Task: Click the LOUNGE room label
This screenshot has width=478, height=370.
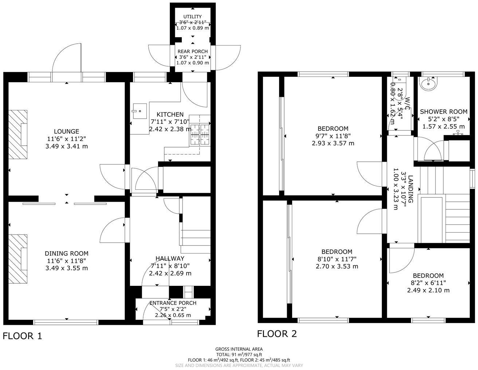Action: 66,131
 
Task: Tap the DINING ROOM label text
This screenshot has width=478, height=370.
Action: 66,253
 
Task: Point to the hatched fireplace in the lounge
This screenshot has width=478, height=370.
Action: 18,134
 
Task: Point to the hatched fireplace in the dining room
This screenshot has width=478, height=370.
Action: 18,259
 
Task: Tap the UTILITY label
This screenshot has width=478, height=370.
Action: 192,17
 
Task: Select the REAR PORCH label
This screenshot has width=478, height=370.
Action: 193,51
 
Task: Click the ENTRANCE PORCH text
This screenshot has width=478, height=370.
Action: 173,303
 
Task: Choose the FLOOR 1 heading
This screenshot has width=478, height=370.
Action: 23,336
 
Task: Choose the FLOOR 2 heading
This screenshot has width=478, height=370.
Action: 277,334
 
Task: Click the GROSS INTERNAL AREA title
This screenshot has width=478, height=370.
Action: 239,349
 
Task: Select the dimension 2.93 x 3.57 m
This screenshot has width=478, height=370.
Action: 333,143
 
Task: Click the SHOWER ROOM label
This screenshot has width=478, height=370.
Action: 443,111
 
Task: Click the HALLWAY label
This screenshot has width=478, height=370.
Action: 170,259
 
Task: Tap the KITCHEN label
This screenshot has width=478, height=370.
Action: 170,114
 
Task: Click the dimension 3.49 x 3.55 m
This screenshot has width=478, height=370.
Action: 66,268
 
